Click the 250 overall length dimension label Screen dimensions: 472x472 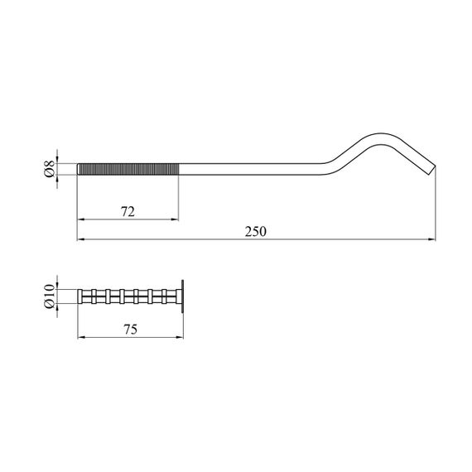click(256, 232)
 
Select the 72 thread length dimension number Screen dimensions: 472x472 click(128, 212)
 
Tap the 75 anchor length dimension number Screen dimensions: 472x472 click(131, 330)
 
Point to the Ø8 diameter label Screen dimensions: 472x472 click(50, 169)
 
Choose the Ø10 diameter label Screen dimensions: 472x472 click(50, 296)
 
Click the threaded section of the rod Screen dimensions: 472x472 click(129, 169)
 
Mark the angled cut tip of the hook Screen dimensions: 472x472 click(432, 170)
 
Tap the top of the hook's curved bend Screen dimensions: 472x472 click(381, 134)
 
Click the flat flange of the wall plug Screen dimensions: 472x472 click(182, 296)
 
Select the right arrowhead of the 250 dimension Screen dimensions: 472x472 click(432, 239)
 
